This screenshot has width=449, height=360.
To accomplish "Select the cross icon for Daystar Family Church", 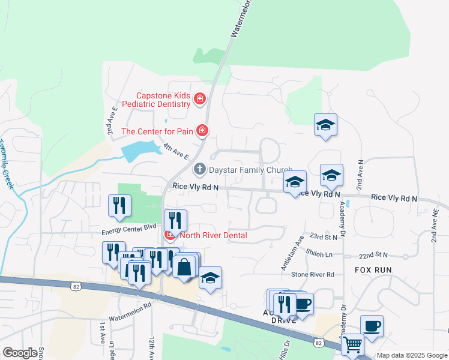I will click(x=199, y=170).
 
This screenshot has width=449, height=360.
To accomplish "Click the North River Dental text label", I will click(x=213, y=235).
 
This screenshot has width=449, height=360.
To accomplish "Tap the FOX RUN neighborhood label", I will click(x=373, y=270).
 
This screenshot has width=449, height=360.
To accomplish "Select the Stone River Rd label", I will click(x=312, y=274).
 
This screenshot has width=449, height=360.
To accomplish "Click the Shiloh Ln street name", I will click(x=319, y=254).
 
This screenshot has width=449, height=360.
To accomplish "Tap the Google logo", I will click(x=19, y=353).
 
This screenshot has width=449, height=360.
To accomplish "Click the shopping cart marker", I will click(x=352, y=344).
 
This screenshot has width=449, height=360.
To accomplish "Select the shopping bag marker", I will click(x=185, y=266).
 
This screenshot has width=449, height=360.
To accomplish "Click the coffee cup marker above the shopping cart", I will click(x=372, y=326).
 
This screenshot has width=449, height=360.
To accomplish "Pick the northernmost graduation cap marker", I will click(x=325, y=125).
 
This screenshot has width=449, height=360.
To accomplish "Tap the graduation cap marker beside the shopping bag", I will click(x=210, y=277).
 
